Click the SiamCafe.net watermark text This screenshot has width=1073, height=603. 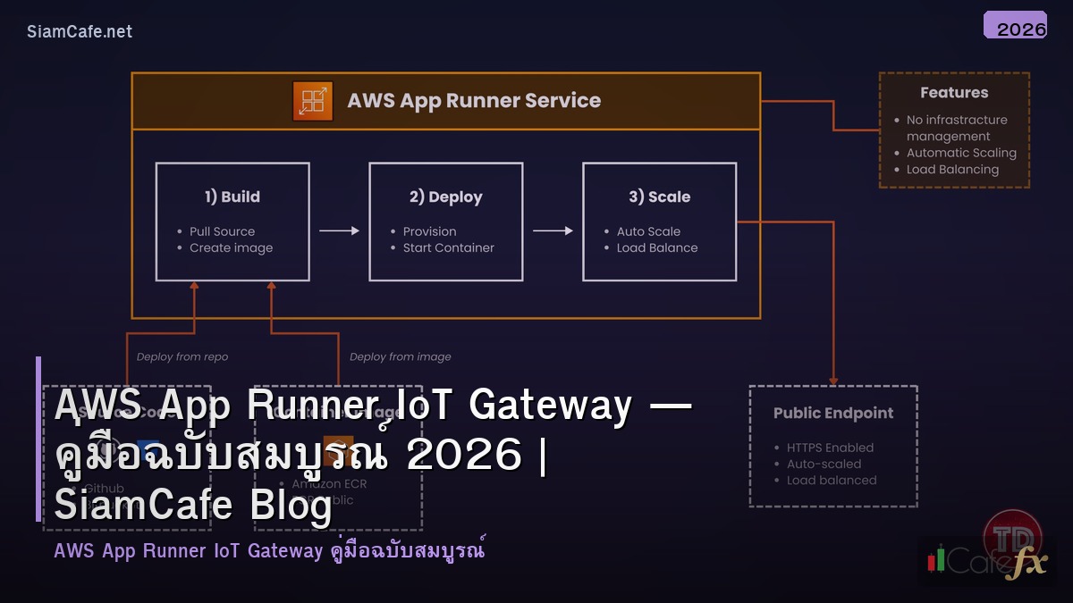[80, 31]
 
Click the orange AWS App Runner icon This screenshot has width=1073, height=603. [312, 101]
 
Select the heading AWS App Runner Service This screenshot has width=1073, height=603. [474, 101]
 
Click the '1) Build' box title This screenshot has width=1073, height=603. [232, 197]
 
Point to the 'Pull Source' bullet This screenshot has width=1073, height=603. [222, 231]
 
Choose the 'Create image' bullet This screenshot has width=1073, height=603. [231, 248]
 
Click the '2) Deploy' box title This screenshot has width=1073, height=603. [445, 197]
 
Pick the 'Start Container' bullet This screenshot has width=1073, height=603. [448, 248]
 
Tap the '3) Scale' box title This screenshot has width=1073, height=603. [659, 197]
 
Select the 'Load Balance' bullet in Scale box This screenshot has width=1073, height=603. [656, 248]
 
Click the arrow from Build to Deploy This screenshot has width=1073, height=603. [339, 230]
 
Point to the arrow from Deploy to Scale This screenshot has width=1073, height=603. [553, 230]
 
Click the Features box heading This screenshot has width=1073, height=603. [954, 93]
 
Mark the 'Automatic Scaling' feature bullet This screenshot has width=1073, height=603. [961, 153]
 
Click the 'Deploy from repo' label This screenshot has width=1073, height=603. [182, 356]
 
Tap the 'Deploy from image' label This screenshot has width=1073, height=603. [400, 356]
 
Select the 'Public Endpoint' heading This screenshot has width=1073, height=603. [832, 414]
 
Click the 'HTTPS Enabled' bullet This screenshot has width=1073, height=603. [830, 448]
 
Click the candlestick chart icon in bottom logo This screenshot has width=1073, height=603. [936, 559]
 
